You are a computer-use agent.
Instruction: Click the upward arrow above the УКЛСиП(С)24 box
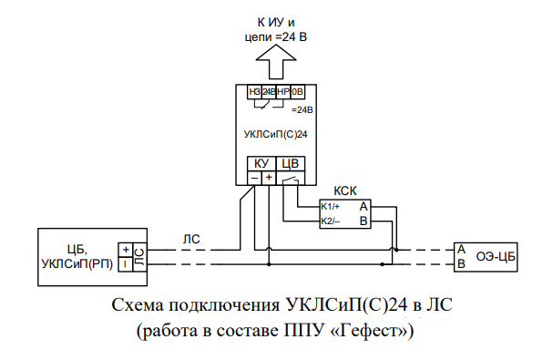coord(276,65)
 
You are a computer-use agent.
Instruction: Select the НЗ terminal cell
coord(254,92)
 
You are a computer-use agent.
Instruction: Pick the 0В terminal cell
coord(298,92)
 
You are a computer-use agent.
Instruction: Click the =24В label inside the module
coord(302,109)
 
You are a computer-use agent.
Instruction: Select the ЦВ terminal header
coord(290,163)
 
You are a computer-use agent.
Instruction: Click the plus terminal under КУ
coord(269,178)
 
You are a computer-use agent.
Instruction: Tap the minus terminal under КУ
coord(254,178)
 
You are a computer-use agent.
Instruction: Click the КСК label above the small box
coord(344,192)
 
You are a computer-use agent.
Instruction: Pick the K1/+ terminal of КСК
coord(331,207)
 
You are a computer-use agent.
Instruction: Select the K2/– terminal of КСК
coord(331,221)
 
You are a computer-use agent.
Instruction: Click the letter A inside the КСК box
coord(363,207)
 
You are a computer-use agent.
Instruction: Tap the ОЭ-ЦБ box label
coord(497,256)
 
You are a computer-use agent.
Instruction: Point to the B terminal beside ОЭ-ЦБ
coord(461,264)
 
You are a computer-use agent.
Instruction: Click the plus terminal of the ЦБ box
coord(124,249)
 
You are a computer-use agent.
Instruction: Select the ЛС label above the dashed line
coord(191,239)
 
